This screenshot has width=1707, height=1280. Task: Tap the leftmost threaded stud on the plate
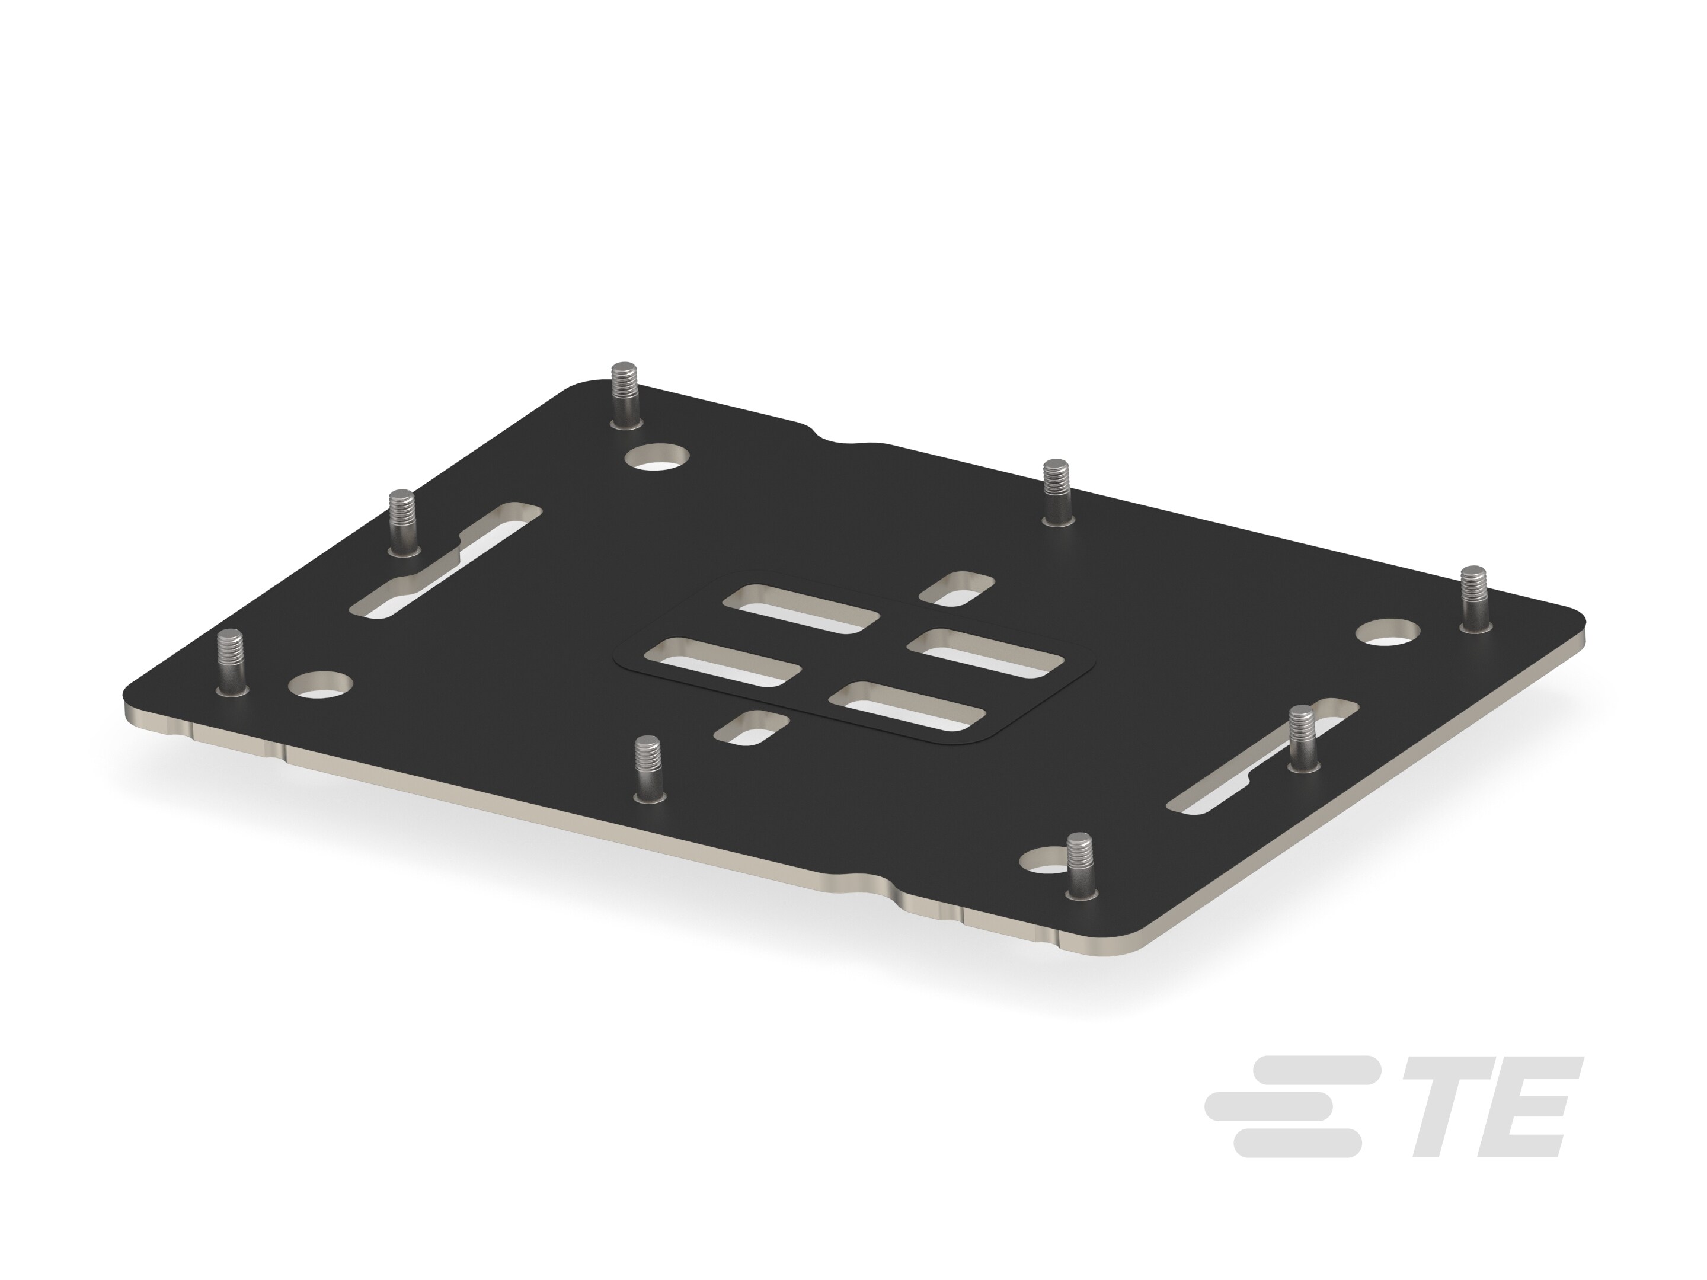coord(230,662)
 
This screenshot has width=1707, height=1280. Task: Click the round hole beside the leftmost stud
coord(320,684)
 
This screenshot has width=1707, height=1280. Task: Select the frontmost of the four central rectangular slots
coord(907,706)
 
